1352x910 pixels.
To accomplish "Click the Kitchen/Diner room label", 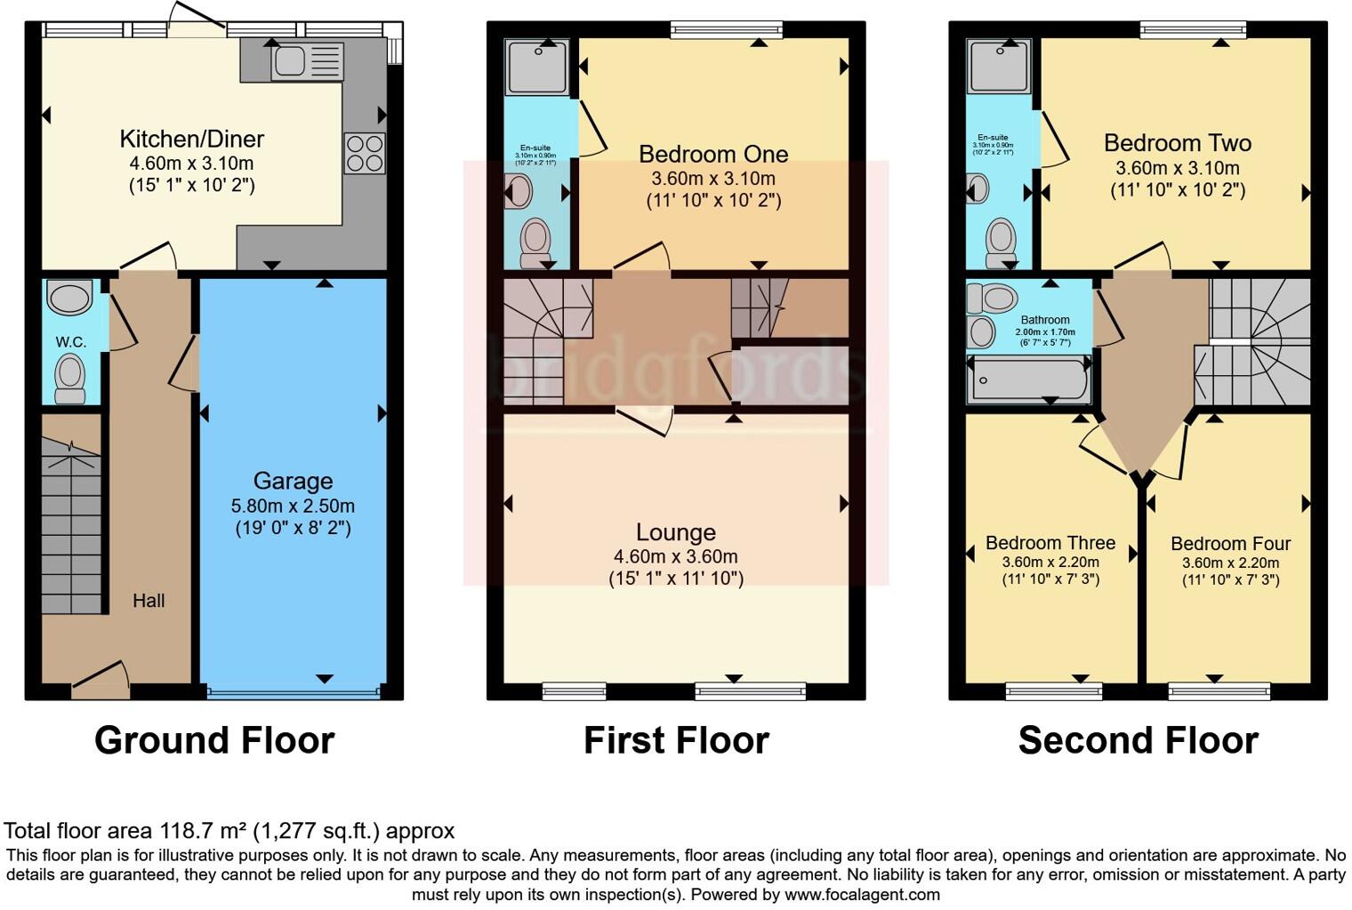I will coord(191,139).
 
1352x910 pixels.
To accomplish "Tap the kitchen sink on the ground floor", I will coord(306,61).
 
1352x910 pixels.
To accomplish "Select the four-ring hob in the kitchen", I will coord(365,153).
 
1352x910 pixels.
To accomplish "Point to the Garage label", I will coord(293,481).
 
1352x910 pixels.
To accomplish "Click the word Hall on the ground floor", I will coord(149,601).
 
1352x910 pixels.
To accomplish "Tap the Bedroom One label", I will coord(713,154).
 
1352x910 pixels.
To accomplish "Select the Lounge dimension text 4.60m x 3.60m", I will coord(675,556).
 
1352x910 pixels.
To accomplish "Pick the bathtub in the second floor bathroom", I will coord(1028,380).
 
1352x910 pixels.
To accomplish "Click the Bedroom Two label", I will coord(1177,143).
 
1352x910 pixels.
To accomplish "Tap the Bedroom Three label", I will coord(1050,543).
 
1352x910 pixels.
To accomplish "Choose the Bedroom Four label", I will coord(1230,544).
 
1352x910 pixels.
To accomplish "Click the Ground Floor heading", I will coord(214,740).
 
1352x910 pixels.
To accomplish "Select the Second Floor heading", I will coord(1138,740).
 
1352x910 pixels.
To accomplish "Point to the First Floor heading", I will coord(676,740).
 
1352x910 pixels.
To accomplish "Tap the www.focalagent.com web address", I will coord(862,894).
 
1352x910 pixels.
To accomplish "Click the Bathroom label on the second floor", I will coord(1045,320).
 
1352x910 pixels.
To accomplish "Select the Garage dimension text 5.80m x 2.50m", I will coord(293,506).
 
